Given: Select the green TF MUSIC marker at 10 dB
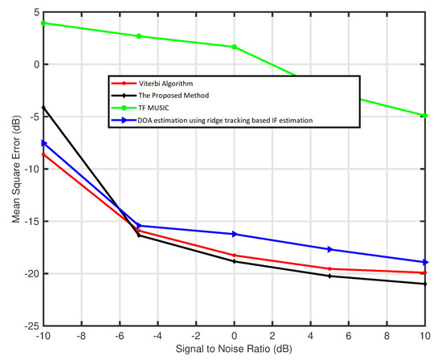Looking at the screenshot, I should pyautogui.click(x=424, y=116).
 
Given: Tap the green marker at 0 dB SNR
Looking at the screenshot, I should pyautogui.click(x=234, y=47).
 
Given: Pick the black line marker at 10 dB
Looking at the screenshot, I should pyautogui.click(x=424, y=284).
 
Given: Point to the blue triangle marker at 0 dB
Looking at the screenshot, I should pyautogui.click(x=234, y=234).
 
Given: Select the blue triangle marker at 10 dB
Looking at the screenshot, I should pyautogui.click(x=424, y=262).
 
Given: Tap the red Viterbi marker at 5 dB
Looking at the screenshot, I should pyautogui.click(x=329, y=268).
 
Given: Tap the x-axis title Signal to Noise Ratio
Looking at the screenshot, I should pyautogui.click(x=234, y=351).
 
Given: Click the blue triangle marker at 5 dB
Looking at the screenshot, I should pyautogui.click(x=329, y=249).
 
